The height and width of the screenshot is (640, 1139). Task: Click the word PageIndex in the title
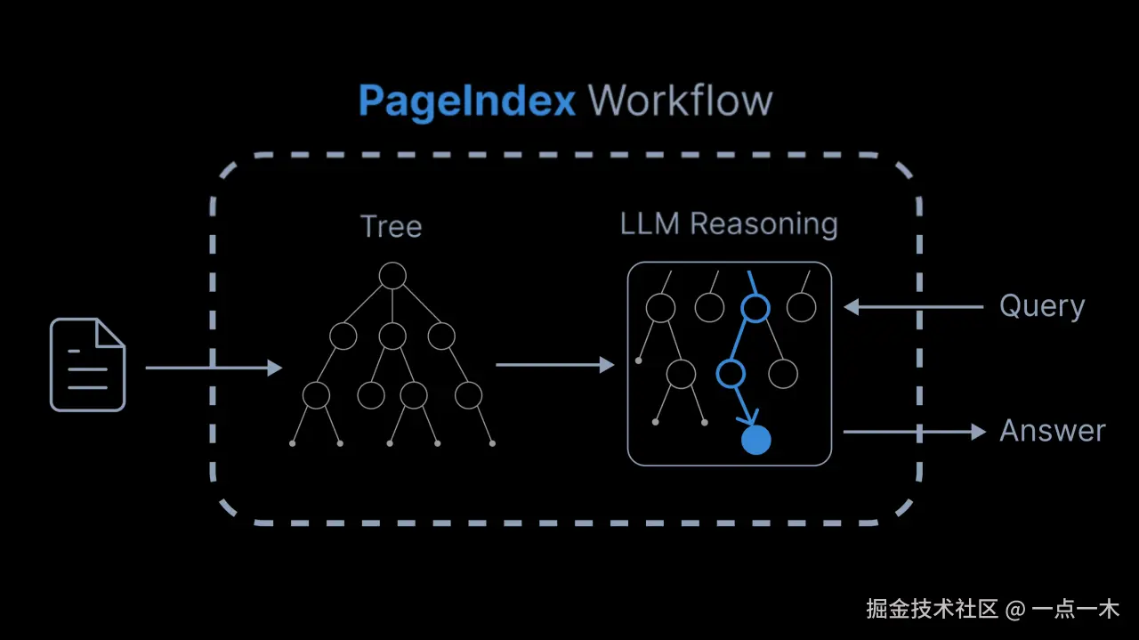(x=467, y=101)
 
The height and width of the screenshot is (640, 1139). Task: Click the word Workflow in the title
(x=680, y=101)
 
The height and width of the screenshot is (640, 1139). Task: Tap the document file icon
(x=87, y=365)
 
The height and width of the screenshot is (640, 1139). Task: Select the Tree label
(x=391, y=226)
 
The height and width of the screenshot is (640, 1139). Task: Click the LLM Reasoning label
(x=729, y=224)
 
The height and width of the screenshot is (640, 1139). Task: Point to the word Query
(x=1042, y=306)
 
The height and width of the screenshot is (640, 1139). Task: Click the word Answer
(x=1052, y=432)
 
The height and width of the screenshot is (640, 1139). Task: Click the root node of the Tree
(x=392, y=276)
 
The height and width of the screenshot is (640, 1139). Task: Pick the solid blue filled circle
(x=755, y=440)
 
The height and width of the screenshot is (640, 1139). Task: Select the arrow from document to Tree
(x=214, y=367)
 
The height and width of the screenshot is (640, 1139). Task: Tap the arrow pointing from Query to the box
(x=912, y=307)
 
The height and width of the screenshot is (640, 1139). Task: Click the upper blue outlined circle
(x=755, y=308)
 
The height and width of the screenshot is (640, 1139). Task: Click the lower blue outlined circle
(x=731, y=374)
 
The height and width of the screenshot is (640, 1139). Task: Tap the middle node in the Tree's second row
(x=392, y=336)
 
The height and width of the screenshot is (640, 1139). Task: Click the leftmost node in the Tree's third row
(x=316, y=394)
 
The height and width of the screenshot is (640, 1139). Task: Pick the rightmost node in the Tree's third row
(x=468, y=394)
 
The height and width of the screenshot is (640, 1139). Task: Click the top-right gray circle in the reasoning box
(x=801, y=308)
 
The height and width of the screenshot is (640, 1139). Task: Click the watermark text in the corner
(x=992, y=610)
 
